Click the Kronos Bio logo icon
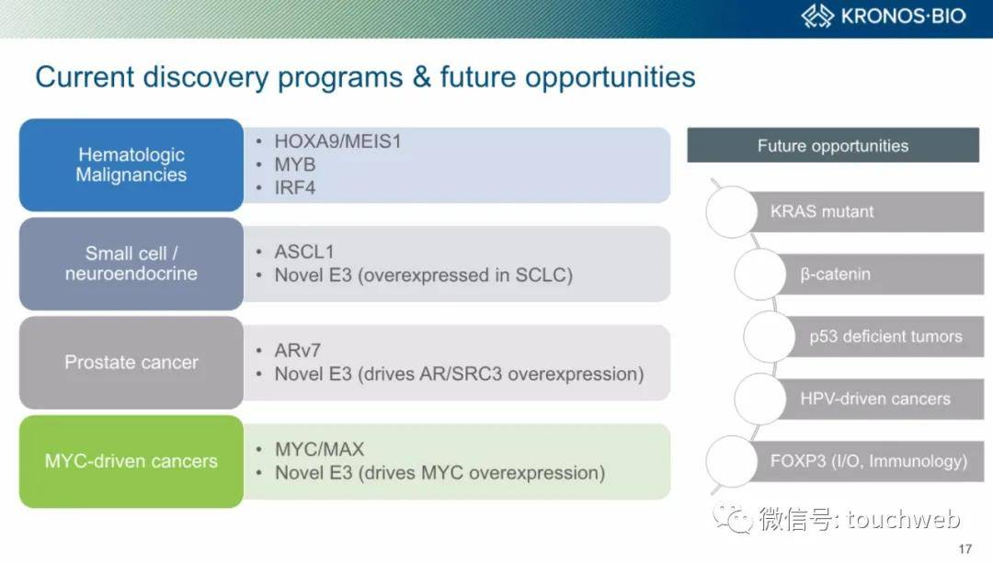817,16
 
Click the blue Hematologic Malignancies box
131,164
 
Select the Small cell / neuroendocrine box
131,264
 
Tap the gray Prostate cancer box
131,363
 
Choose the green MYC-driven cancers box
131,461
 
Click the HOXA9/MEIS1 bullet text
337,141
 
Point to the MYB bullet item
294,164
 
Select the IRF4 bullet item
294,188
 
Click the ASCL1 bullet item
304,252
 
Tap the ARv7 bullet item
298,351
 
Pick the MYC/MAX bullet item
319,449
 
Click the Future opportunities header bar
833,145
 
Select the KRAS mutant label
821,211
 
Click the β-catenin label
835,274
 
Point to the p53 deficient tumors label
885,336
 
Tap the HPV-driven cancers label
875,399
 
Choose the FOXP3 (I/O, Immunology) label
868,460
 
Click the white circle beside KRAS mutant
732,212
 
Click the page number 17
965,549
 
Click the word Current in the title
85,77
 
